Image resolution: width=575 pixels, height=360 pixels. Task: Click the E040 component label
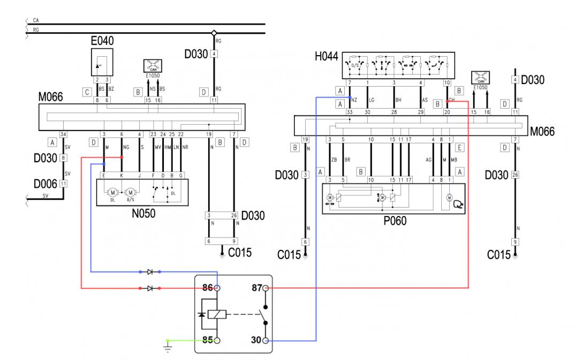102,41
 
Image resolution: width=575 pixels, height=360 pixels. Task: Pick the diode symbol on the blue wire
150,272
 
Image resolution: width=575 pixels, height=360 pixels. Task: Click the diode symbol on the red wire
150,288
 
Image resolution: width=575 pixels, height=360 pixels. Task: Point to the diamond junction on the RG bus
214,33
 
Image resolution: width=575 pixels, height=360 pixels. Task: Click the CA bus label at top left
36,20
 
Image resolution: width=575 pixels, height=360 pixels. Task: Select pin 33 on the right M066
349,112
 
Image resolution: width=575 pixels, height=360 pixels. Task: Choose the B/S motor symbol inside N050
129,191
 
